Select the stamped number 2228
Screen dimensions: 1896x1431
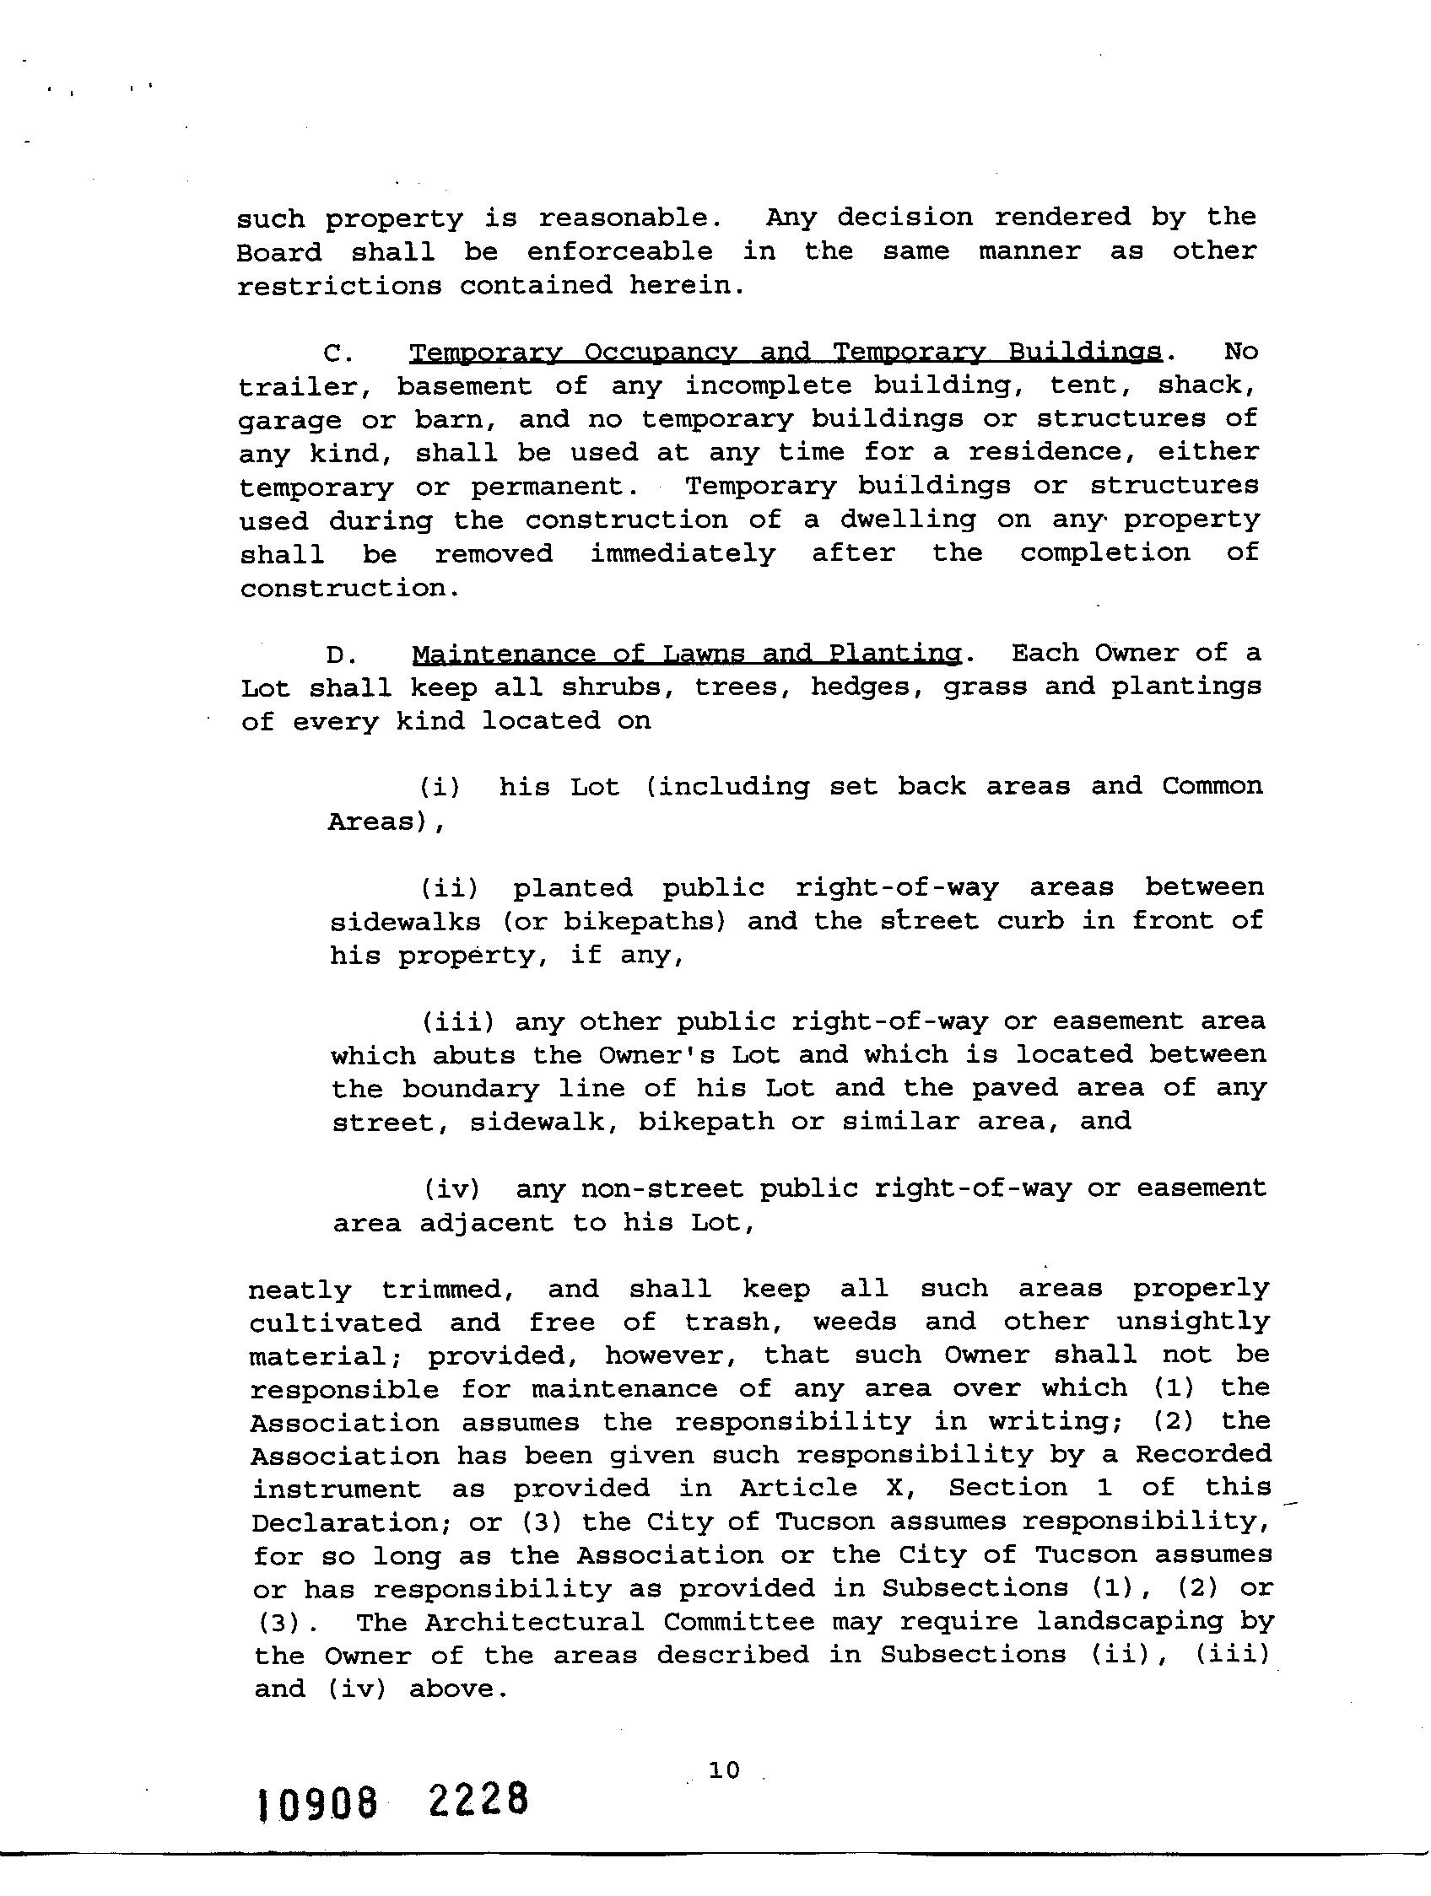coord(478,1800)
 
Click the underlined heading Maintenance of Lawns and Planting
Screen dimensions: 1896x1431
coord(686,654)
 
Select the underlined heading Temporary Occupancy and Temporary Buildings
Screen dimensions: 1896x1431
coord(786,353)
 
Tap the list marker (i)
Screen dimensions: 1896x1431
coord(440,787)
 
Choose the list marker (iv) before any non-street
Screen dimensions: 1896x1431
coord(452,1189)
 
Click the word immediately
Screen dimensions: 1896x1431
coord(683,554)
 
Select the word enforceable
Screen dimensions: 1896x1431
coord(619,251)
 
